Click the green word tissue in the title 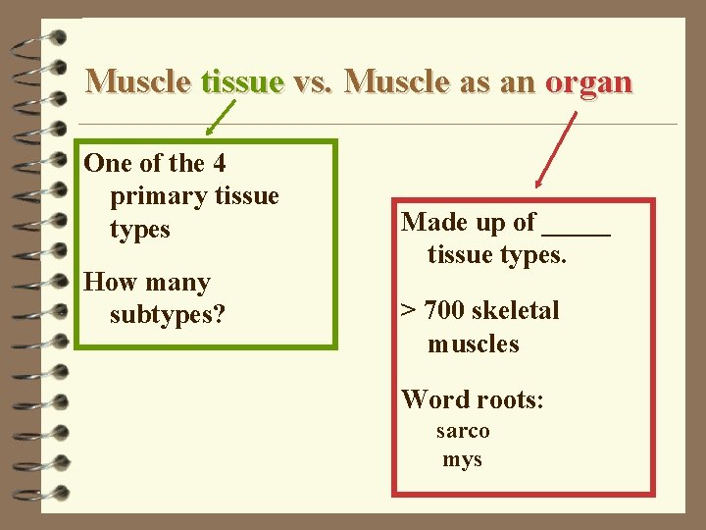tap(241, 80)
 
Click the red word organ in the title tap(588, 81)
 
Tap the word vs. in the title tap(314, 80)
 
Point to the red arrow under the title tap(555, 147)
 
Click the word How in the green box tap(109, 283)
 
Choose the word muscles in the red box tap(473, 344)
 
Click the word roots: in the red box tap(509, 399)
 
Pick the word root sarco tap(463, 431)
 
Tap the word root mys tap(462, 459)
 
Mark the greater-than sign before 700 tap(408, 312)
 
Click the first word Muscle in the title tap(138, 80)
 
